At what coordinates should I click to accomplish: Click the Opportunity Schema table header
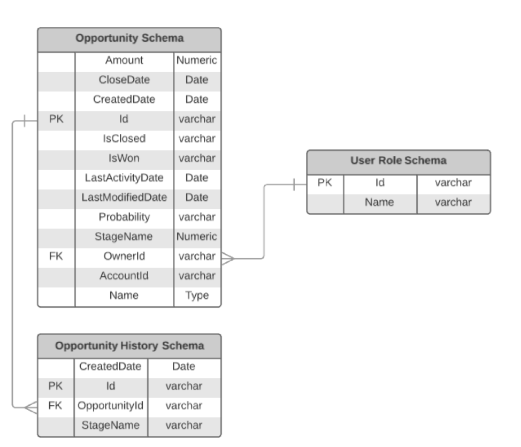[129, 39]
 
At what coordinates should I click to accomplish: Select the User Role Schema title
[398, 161]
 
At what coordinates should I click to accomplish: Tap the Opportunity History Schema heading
[129, 346]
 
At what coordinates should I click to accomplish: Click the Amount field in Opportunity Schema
[124, 60]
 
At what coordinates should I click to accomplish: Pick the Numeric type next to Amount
[197, 60]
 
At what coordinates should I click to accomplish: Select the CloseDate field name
[124, 80]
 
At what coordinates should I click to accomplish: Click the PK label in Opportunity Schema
[56, 119]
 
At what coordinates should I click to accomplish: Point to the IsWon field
[124, 158]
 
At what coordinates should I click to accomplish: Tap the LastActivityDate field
[124, 178]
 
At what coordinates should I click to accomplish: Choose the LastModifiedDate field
[124, 198]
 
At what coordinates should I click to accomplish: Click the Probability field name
[124, 217]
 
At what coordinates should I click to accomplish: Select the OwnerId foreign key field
[124, 256]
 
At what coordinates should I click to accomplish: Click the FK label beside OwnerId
[56, 256]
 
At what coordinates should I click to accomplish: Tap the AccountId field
[124, 276]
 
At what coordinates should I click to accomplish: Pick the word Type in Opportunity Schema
[197, 296]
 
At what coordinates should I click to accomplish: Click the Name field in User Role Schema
[379, 202]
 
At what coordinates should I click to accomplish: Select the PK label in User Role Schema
[325, 183]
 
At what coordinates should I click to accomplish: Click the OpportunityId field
[111, 406]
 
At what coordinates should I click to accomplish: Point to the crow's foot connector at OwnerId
[228, 259]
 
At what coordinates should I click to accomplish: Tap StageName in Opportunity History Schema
[111, 426]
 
